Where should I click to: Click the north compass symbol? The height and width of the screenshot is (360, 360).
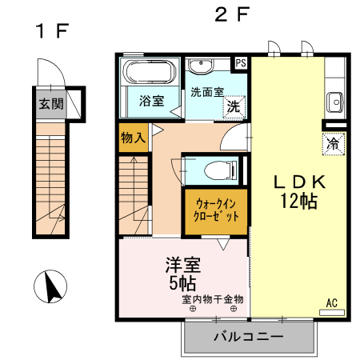pyautogui.click(x=50, y=287)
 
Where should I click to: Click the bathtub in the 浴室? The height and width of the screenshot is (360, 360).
pyautogui.click(x=149, y=74)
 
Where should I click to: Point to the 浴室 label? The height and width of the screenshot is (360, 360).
pyautogui.click(x=151, y=102)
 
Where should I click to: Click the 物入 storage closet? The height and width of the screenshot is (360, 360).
pyautogui.click(x=133, y=138)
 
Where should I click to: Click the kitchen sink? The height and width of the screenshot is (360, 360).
pyautogui.click(x=334, y=102)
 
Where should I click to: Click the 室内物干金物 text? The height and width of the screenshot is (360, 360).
pyautogui.click(x=212, y=299)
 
